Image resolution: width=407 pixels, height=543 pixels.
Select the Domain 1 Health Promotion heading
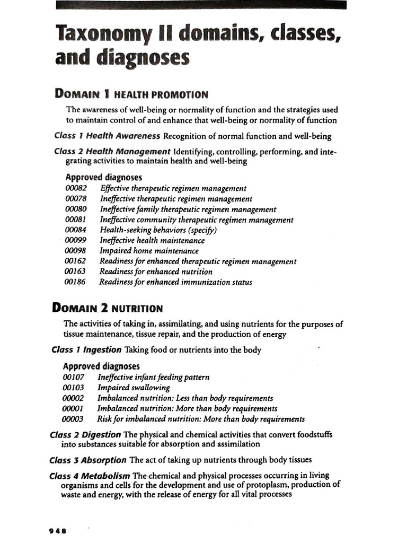[x=131, y=94]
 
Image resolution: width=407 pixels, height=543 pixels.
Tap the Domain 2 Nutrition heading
[x=107, y=308]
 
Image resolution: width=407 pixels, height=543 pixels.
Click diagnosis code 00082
[x=75, y=188]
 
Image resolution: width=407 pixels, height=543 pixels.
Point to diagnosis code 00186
[x=75, y=282]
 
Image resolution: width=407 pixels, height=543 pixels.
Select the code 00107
[x=73, y=378]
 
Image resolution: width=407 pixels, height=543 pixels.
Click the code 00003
[x=73, y=419]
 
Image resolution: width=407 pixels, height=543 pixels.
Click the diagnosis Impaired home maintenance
[x=149, y=251]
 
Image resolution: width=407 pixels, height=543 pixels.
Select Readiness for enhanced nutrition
[x=156, y=271]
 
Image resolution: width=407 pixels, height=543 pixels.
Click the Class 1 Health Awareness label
[x=108, y=135]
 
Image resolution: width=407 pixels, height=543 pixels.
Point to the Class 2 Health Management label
[x=112, y=152]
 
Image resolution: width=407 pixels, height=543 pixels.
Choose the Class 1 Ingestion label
[x=87, y=350]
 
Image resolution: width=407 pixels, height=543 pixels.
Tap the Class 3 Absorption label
[x=88, y=460]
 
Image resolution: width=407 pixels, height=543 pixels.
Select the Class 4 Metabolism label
[x=90, y=476]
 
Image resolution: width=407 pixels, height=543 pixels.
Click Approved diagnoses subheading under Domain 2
[x=101, y=366]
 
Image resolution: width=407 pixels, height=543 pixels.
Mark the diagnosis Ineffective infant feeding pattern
[x=153, y=378]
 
